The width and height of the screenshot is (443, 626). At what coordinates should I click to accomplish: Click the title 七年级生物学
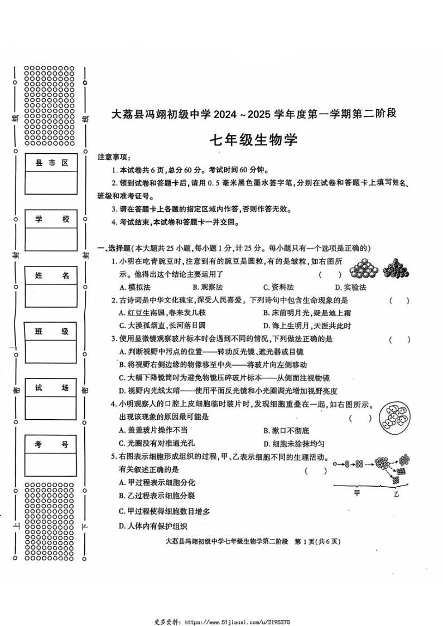(253, 140)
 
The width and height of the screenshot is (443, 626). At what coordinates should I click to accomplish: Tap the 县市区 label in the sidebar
(51, 163)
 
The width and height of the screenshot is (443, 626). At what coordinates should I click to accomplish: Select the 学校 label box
(51, 220)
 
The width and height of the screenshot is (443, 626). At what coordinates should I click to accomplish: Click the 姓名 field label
(51, 275)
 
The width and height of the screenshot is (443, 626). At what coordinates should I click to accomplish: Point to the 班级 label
(51, 332)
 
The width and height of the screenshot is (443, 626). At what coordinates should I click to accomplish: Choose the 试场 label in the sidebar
(51, 388)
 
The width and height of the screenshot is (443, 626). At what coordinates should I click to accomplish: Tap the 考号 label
(51, 444)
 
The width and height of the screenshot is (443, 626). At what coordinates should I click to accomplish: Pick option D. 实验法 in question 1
(351, 287)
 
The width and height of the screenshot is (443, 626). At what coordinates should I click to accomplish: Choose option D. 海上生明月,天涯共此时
(307, 326)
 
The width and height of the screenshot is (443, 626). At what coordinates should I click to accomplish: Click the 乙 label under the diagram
(396, 494)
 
